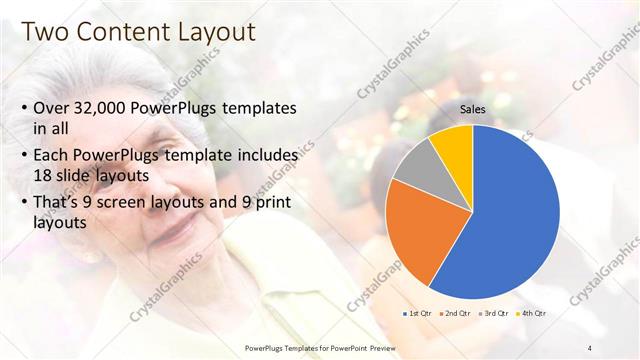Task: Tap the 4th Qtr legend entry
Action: click(x=533, y=314)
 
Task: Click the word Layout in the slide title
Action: click(x=214, y=32)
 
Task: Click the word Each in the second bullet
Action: click(x=53, y=156)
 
